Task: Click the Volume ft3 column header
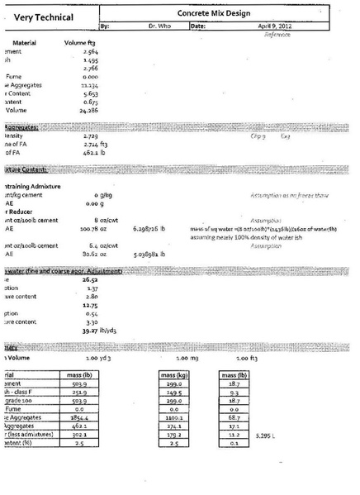point(81,42)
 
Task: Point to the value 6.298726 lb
point(149,229)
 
